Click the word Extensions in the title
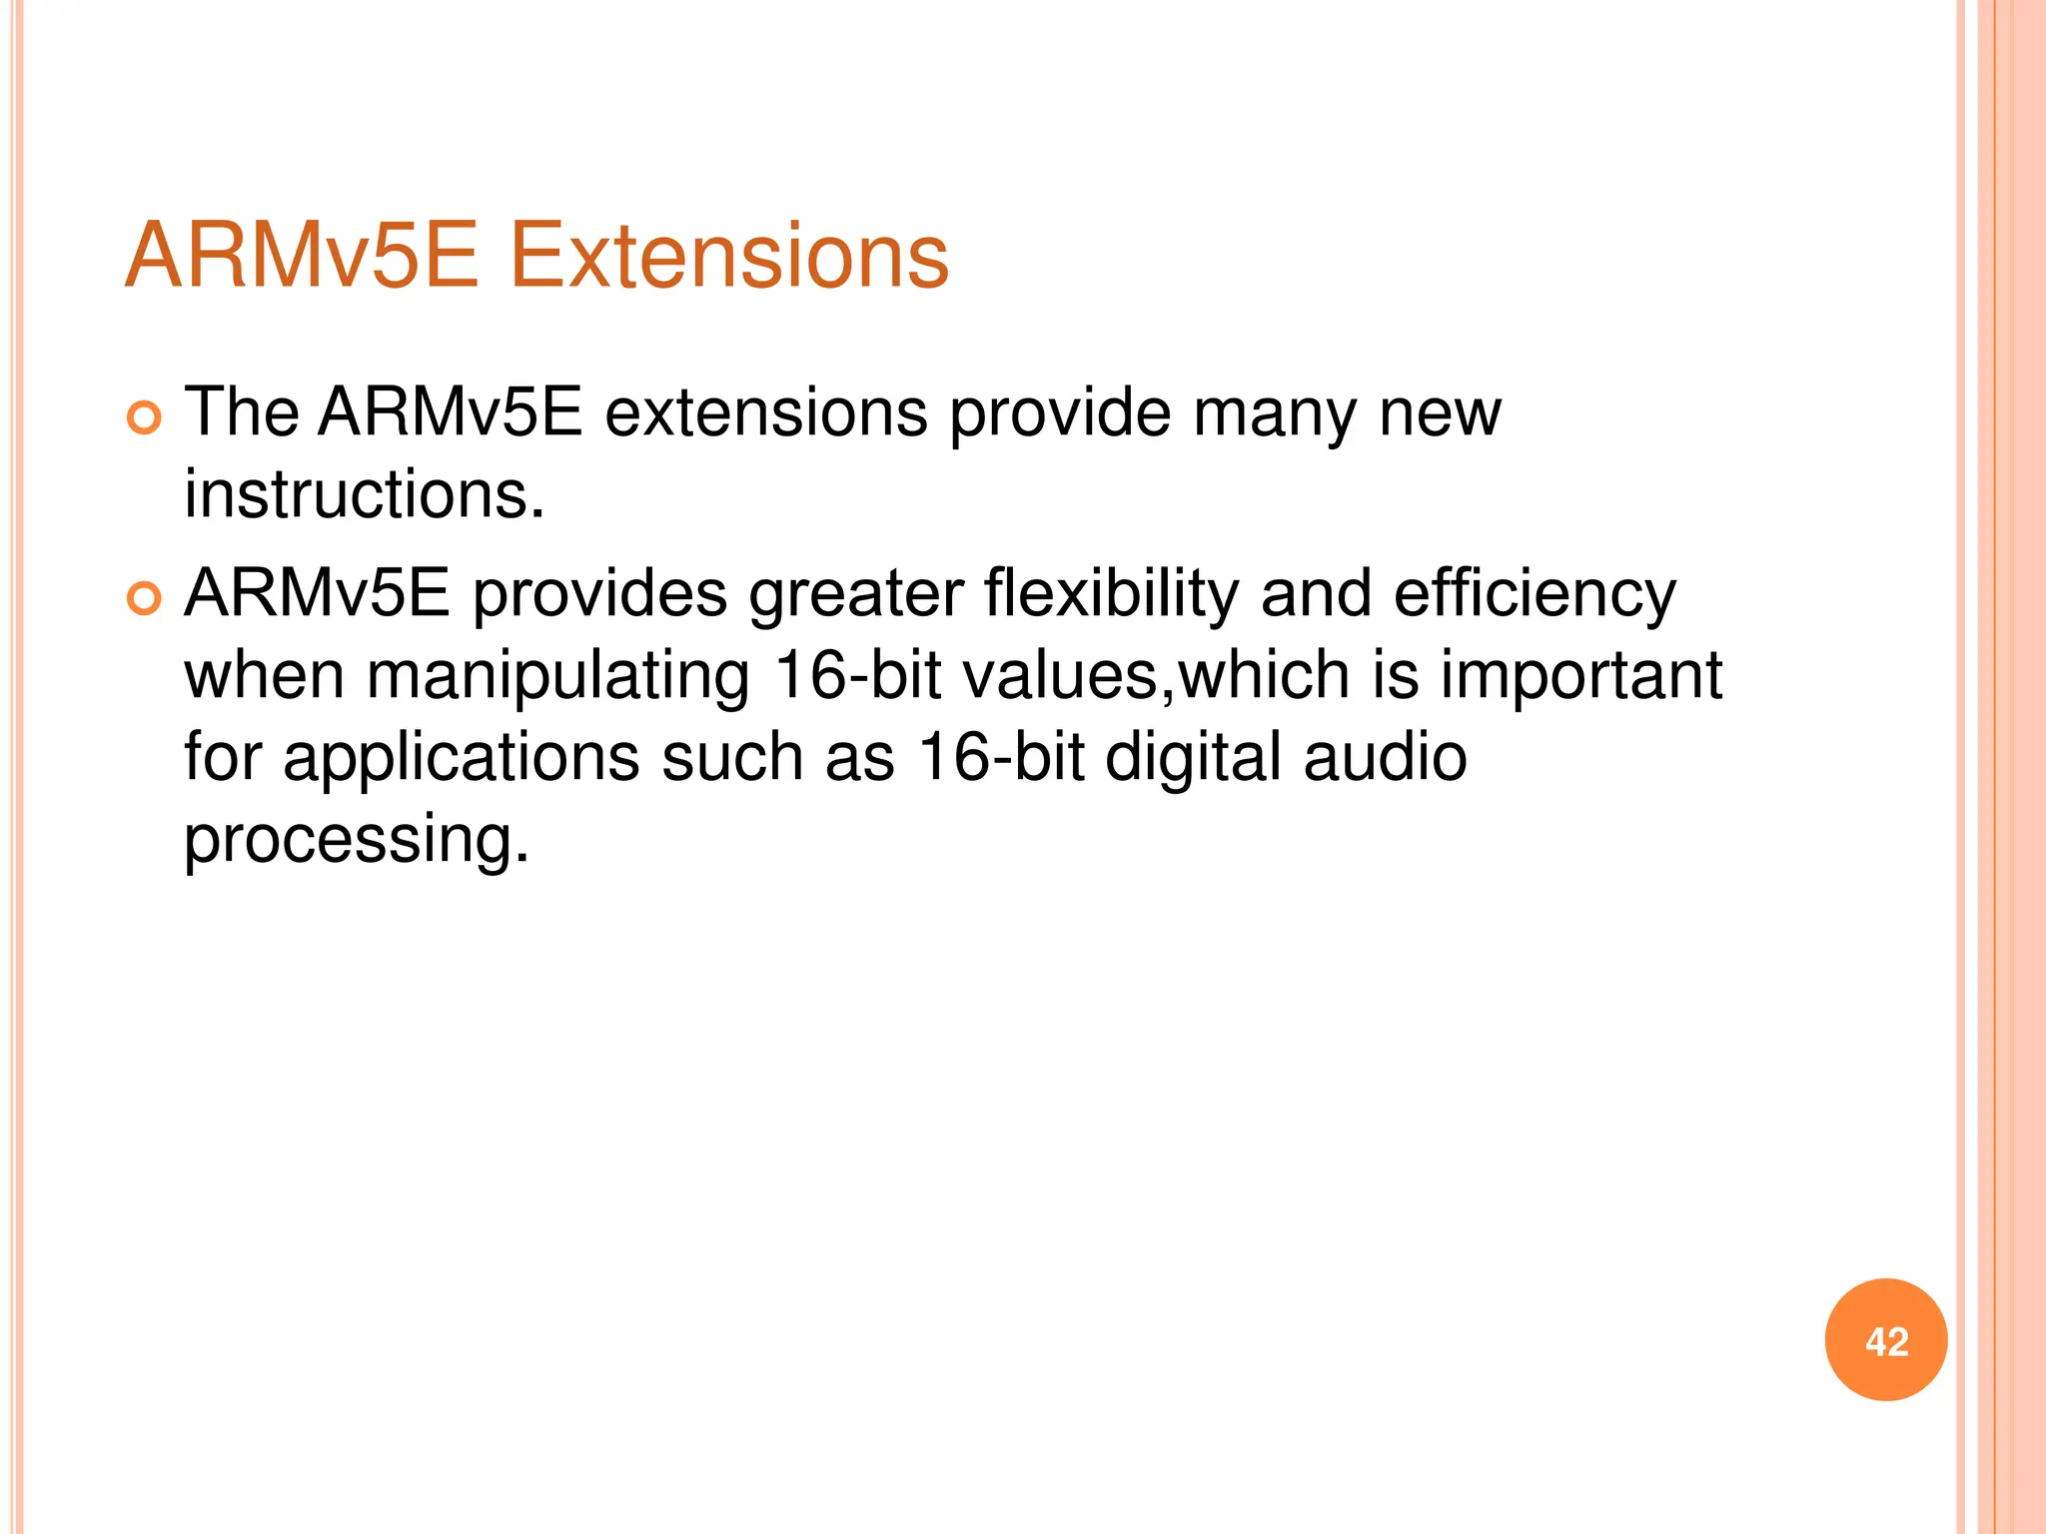(728, 257)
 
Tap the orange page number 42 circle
(1885, 1340)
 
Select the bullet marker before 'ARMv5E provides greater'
(144, 599)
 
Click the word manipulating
(557, 676)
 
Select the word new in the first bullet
(1440, 412)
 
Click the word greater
(855, 595)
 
